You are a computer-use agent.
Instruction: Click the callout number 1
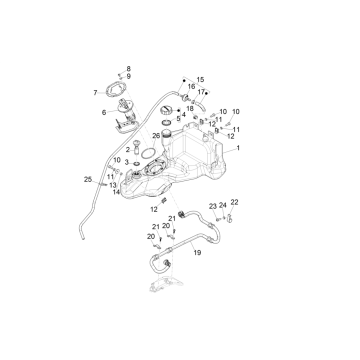238,148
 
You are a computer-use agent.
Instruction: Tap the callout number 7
95,93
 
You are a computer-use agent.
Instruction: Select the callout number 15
200,80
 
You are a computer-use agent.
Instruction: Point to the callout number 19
197,253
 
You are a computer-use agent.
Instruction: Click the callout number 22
234,202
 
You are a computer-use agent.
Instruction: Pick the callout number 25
88,179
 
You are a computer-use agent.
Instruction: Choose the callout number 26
156,136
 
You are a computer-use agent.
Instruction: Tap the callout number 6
104,113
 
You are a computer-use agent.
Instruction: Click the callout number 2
128,150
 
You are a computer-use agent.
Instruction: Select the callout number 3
127,162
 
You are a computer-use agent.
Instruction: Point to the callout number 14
116,192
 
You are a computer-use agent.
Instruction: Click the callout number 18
190,109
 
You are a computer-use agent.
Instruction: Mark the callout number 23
213,206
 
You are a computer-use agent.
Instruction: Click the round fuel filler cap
166,110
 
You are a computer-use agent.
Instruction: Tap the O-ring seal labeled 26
147,154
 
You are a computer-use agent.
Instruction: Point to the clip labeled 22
230,219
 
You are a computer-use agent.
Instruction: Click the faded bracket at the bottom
166,285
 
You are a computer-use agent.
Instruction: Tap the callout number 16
191,87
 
